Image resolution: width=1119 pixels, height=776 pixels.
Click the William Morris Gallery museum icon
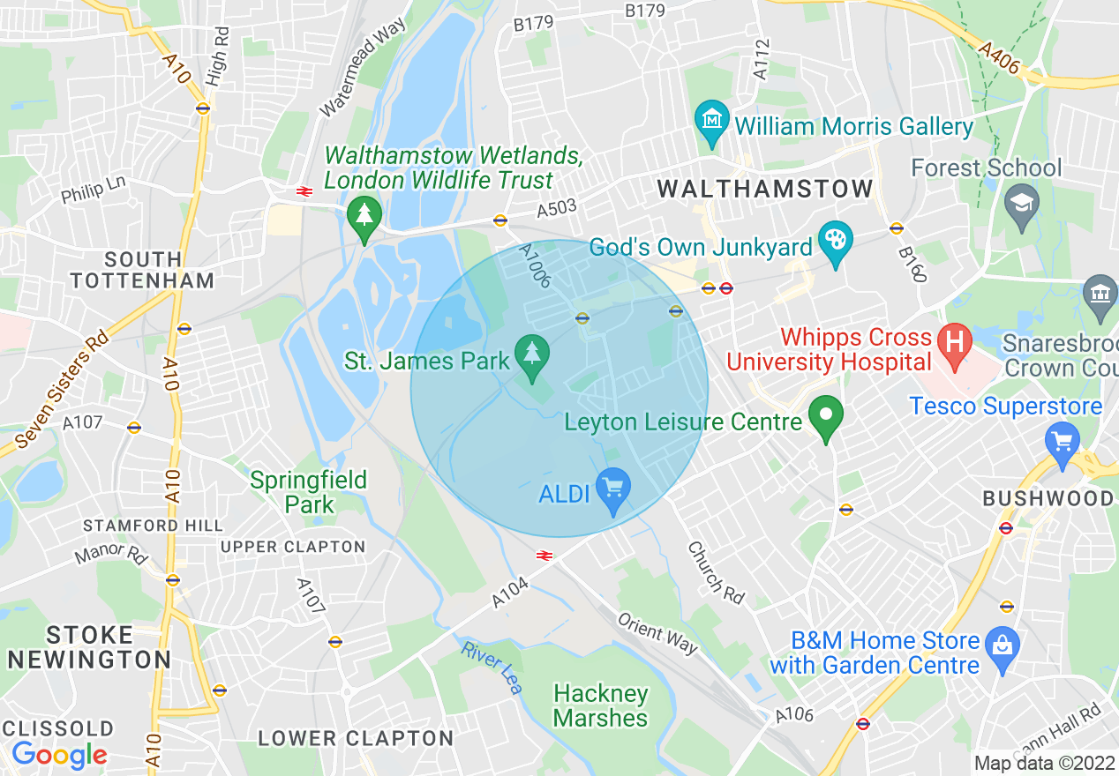pos(711,117)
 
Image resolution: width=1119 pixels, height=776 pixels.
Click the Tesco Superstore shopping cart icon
pos(1062,437)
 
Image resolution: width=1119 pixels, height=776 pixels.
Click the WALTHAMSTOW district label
pos(765,189)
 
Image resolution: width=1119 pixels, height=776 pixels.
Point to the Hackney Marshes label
pos(601,705)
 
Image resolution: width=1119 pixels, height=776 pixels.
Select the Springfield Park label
pos(308,492)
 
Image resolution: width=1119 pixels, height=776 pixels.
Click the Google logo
pos(59,755)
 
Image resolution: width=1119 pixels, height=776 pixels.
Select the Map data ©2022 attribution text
pos(1044,763)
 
